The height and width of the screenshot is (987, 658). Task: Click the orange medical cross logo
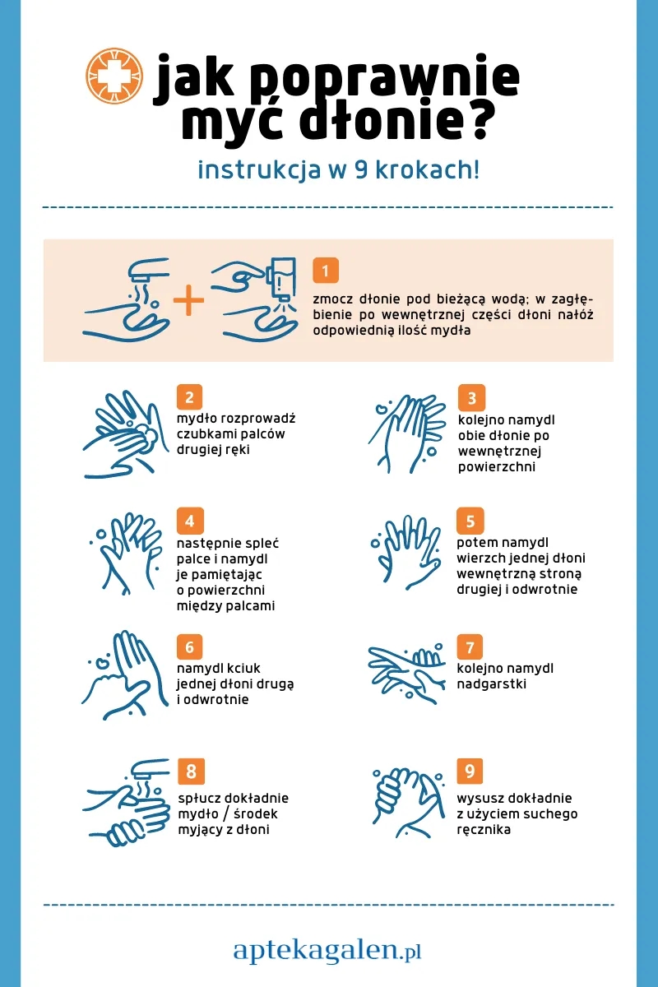(114, 76)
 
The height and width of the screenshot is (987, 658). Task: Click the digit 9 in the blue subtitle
(360, 170)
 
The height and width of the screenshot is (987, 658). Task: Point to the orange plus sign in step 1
(188, 300)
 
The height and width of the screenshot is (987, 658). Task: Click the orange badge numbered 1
(326, 271)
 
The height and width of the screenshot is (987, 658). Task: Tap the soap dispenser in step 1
(280, 279)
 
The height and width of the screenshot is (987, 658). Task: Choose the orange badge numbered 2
(189, 397)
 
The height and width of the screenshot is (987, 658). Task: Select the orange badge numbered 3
(471, 397)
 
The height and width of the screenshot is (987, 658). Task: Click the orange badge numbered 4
(190, 521)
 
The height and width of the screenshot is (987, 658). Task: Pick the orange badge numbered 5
(470, 521)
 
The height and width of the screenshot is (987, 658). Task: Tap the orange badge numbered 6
(189, 646)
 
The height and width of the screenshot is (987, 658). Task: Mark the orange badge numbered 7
(470, 646)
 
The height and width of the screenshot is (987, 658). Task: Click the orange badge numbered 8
(192, 772)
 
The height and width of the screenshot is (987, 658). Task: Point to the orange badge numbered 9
(470, 772)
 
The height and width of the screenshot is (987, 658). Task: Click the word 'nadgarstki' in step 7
(491, 683)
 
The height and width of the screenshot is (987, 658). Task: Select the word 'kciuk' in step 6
(243, 668)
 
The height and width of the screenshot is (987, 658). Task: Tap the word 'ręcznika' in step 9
(484, 830)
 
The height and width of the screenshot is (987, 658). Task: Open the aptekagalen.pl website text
(327, 951)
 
